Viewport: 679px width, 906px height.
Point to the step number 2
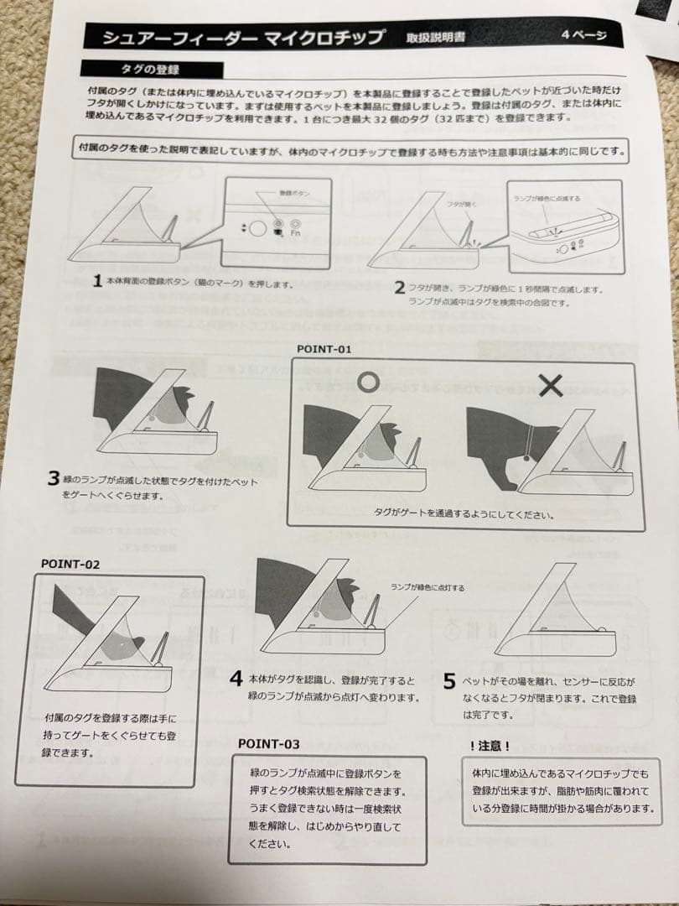tap(399, 287)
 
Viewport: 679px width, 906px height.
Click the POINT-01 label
tap(324, 348)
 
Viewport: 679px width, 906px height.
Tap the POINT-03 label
tap(268, 743)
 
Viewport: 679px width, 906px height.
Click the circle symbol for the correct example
tap(366, 382)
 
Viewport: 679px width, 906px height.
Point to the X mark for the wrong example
tap(550, 385)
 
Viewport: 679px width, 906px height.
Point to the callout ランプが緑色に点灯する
tap(427, 588)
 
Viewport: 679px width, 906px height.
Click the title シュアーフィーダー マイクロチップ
tap(242, 38)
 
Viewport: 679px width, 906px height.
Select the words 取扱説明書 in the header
tap(435, 38)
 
